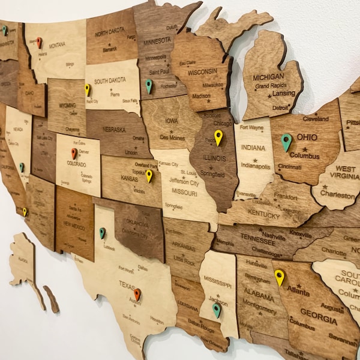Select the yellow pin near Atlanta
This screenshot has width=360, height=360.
click(x=279, y=276)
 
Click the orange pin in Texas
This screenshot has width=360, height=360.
click(x=137, y=293)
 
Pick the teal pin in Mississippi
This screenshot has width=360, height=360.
click(x=217, y=309)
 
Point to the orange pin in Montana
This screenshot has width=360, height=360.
click(x=39, y=42)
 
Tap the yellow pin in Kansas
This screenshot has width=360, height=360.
click(x=149, y=175)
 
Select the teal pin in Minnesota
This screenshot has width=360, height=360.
click(x=149, y=85)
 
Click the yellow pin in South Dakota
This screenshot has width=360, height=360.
click(x=88, y=89)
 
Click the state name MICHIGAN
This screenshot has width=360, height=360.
click(x=268, y=77)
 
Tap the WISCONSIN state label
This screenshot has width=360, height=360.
click(x=203, y=72)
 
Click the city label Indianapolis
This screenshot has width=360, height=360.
click(x=256, y=166)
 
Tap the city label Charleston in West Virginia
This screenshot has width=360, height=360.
click(x=337, y=195)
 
